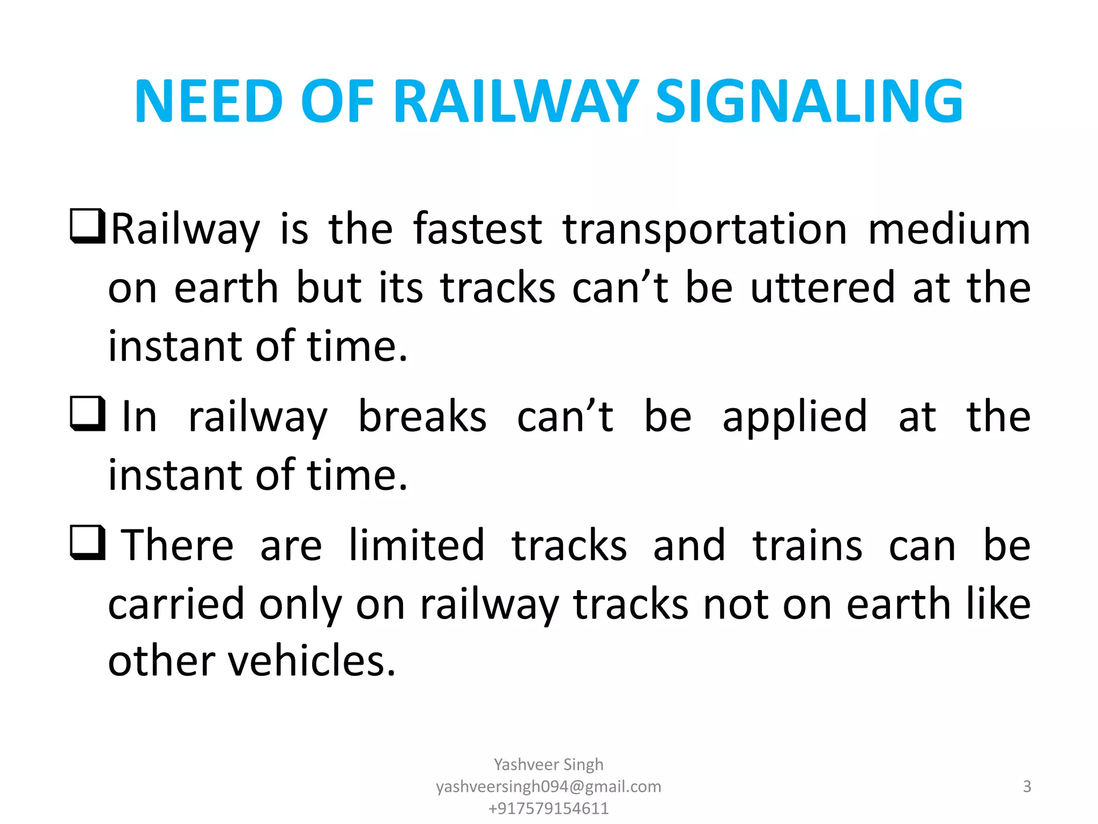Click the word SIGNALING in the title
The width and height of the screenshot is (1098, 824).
(810, 101)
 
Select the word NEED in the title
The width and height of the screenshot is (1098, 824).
(209, 101)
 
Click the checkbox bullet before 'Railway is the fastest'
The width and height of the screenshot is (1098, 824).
(87, 226)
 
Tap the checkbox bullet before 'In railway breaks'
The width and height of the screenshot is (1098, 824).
(87, 414)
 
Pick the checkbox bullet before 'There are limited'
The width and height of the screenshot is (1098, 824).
(87, 543)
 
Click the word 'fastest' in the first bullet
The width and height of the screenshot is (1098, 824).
(478, 229)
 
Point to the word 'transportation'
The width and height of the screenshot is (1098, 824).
(704, 229)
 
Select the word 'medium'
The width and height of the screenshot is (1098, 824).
(949, 229)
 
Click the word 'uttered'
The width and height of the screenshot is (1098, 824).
(822, 288)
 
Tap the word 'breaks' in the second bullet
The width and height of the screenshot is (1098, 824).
(422, 416)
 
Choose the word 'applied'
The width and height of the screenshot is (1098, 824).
(795, 417)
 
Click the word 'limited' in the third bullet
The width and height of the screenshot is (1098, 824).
(417, 545)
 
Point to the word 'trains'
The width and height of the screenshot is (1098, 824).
(807, 545)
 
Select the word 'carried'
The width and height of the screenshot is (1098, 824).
(176, 604)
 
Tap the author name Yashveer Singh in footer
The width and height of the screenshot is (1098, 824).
(548, 764)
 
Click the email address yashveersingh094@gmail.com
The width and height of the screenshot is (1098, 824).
(548, 786)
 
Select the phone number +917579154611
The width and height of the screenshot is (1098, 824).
(548, 808)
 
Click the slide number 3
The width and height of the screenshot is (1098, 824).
(1027, 786)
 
